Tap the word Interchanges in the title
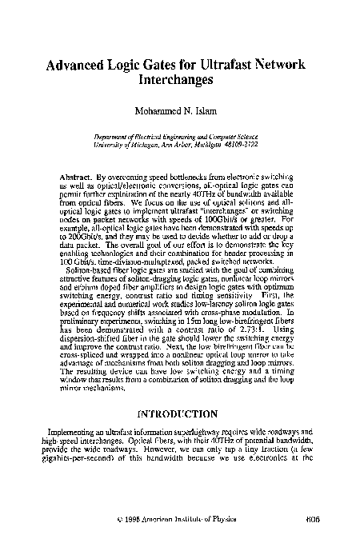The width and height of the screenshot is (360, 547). click(180, 82)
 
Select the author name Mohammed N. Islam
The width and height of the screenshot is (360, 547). click(179, 106)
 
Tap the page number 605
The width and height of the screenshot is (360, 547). click(313, 519)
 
